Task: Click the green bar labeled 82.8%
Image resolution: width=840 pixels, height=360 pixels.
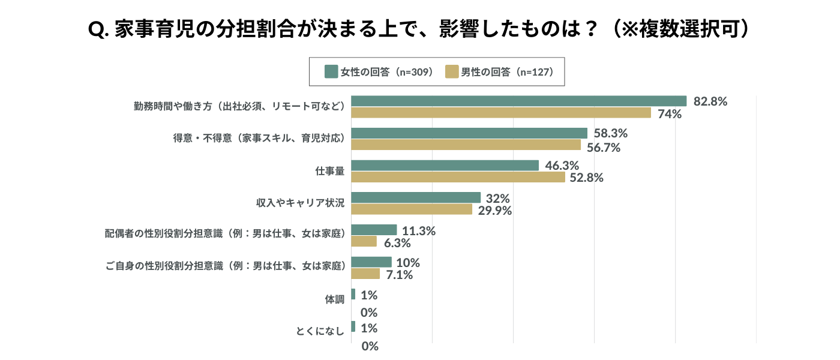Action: point(518,101)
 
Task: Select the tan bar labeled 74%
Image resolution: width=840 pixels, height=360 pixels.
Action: point(501,113)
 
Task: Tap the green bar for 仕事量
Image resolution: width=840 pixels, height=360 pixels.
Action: point(445,165)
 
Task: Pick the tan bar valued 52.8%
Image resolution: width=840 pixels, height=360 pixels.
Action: point(458,177)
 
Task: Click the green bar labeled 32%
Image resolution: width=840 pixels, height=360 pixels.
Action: point(416,197)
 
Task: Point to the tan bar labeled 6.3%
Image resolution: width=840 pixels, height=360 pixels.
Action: point(364,241)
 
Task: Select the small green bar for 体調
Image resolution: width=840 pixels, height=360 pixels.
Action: point(353,295)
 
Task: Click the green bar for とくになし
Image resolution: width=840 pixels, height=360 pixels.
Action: point(353,327)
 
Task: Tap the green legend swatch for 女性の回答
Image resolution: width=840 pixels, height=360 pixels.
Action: point(331,71)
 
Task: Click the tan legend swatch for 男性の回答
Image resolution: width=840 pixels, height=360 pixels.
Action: point(452,71)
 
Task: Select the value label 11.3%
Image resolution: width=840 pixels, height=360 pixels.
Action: point(419,230)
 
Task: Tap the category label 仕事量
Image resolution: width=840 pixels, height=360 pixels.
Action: point(329,171)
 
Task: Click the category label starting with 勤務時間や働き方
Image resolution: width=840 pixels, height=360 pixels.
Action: point(239,106)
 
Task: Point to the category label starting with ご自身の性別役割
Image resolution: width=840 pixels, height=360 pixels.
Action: point(226,268)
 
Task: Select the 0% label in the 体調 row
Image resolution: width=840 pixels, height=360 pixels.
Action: point(369,313)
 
